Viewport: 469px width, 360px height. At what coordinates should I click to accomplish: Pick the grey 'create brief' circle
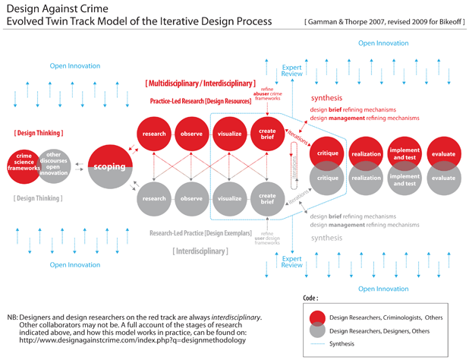263,199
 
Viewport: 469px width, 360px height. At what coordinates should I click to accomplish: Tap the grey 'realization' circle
366,178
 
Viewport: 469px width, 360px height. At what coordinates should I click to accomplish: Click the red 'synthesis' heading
327,99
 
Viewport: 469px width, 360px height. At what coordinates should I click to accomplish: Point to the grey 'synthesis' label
327,238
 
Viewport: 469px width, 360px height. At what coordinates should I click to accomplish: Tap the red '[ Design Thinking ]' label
38,133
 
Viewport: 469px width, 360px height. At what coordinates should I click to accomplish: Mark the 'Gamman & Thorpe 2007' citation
334,22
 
